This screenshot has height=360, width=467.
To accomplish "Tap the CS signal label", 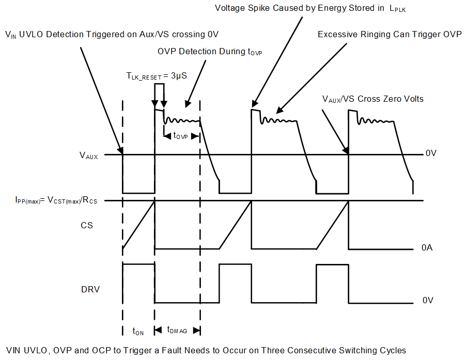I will (x=87, y=225).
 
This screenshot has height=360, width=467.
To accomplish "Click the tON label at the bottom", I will (x=138, y=331).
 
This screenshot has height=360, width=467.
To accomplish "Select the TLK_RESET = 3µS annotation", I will (x=157, y=75).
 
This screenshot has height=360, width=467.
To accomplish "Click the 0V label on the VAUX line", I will (x=430, y=154).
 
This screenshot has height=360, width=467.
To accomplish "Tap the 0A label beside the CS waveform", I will (x=427, y=248).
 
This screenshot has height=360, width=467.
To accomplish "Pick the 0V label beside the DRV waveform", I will (x=427, y=300).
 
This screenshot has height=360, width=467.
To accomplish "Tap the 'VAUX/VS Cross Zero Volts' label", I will (x=372, y=99).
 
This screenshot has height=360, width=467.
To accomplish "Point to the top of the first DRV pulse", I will (x=138, y=264).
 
